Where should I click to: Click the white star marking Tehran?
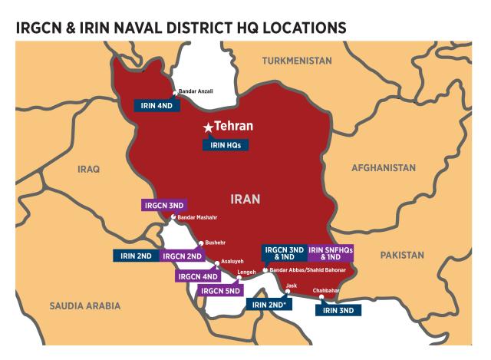pos(206,127)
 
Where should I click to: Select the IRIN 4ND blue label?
pos(157,106)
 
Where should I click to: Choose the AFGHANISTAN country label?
pos(384,167)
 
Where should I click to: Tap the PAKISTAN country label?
pos(400,254)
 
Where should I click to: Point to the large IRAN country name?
pos(246,199)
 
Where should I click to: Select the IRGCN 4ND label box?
pos(198,276)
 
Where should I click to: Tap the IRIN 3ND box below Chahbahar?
pos(340,310)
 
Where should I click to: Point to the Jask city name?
pos(290,285)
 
